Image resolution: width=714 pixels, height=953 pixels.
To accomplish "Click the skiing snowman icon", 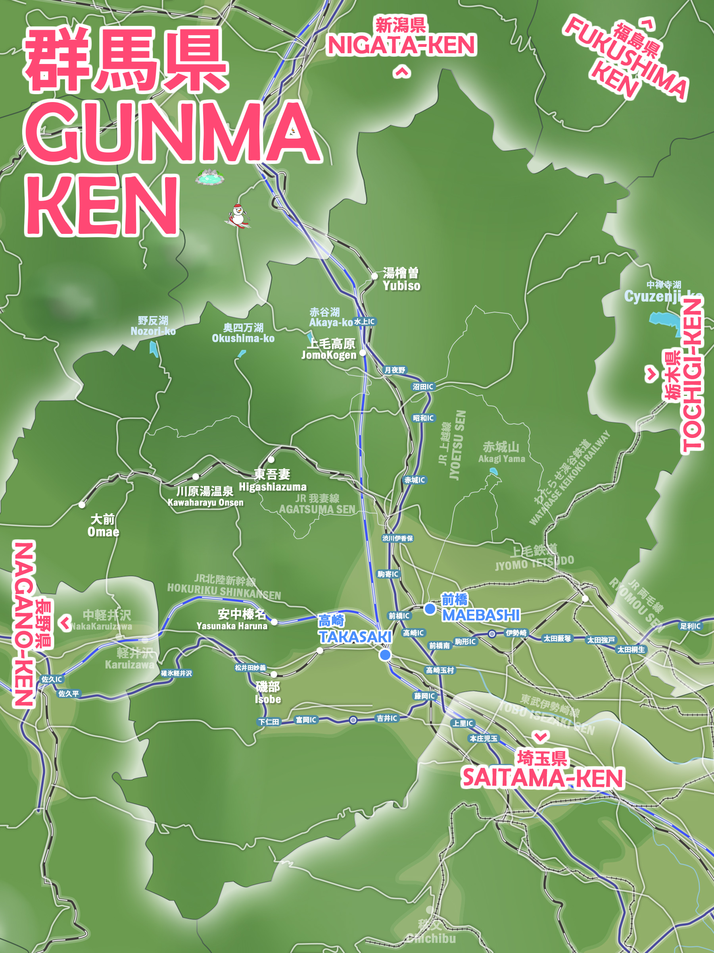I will click(x=238, y=215).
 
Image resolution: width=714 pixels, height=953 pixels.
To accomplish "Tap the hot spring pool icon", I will click(x=209, y=177).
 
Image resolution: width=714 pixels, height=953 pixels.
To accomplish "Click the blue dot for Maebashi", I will click(x=430, y=609).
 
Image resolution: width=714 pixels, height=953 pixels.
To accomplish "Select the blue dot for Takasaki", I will click(x=385, y=655).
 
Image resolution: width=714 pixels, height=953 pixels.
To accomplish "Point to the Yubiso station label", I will click(x=401, y=279).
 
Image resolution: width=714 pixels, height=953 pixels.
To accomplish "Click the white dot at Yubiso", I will click(x=374, y=276).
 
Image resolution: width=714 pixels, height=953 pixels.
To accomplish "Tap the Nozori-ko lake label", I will click(x=153, y=326).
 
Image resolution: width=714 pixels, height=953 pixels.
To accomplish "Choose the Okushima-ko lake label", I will click(x=243, y=333).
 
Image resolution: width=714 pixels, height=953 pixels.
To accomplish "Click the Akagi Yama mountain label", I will click(x=501, y=452).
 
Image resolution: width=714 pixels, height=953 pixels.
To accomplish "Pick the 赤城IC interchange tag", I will click(x=415, y=480).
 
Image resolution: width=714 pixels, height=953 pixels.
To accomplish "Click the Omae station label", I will click(x=103, y=525).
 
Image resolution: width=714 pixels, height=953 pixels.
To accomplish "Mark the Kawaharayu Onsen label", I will click(x=205, y=496).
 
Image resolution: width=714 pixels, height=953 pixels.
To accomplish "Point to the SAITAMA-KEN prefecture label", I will click(x=543, y=777).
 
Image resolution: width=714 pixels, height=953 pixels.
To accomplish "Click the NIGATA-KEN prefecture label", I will click(x=401, y=45).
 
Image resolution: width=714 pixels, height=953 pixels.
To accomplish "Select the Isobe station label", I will click(x=268, y=693).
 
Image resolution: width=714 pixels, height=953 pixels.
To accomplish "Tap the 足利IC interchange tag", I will click(x=690, y=626).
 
